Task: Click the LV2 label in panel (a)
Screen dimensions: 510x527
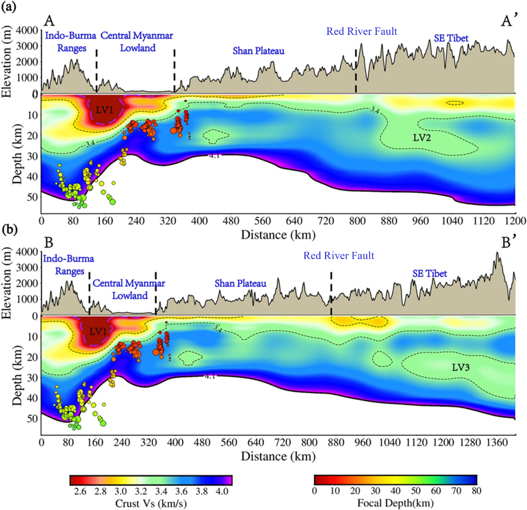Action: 422,138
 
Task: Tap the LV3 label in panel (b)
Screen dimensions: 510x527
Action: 461,367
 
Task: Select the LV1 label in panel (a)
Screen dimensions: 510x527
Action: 104,110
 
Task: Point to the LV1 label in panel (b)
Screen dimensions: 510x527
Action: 98,331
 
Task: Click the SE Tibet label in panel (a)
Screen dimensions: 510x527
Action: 451,38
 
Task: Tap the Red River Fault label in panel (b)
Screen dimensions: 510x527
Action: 338,256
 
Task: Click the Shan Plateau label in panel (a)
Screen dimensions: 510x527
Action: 259,51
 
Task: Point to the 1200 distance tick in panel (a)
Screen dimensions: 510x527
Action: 515,221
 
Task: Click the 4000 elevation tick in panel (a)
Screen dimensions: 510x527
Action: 27,30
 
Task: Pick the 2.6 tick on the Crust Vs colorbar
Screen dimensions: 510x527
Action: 80,491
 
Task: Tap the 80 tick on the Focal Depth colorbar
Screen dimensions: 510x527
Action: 476,491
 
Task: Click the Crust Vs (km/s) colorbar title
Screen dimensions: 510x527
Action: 151,503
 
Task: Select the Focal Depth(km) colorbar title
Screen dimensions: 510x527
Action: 395,503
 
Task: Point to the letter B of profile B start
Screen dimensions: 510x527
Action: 49,243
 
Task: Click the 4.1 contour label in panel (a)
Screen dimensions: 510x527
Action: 214,155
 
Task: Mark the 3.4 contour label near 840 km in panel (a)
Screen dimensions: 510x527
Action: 375,110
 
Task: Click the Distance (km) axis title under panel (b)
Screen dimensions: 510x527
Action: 278,456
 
